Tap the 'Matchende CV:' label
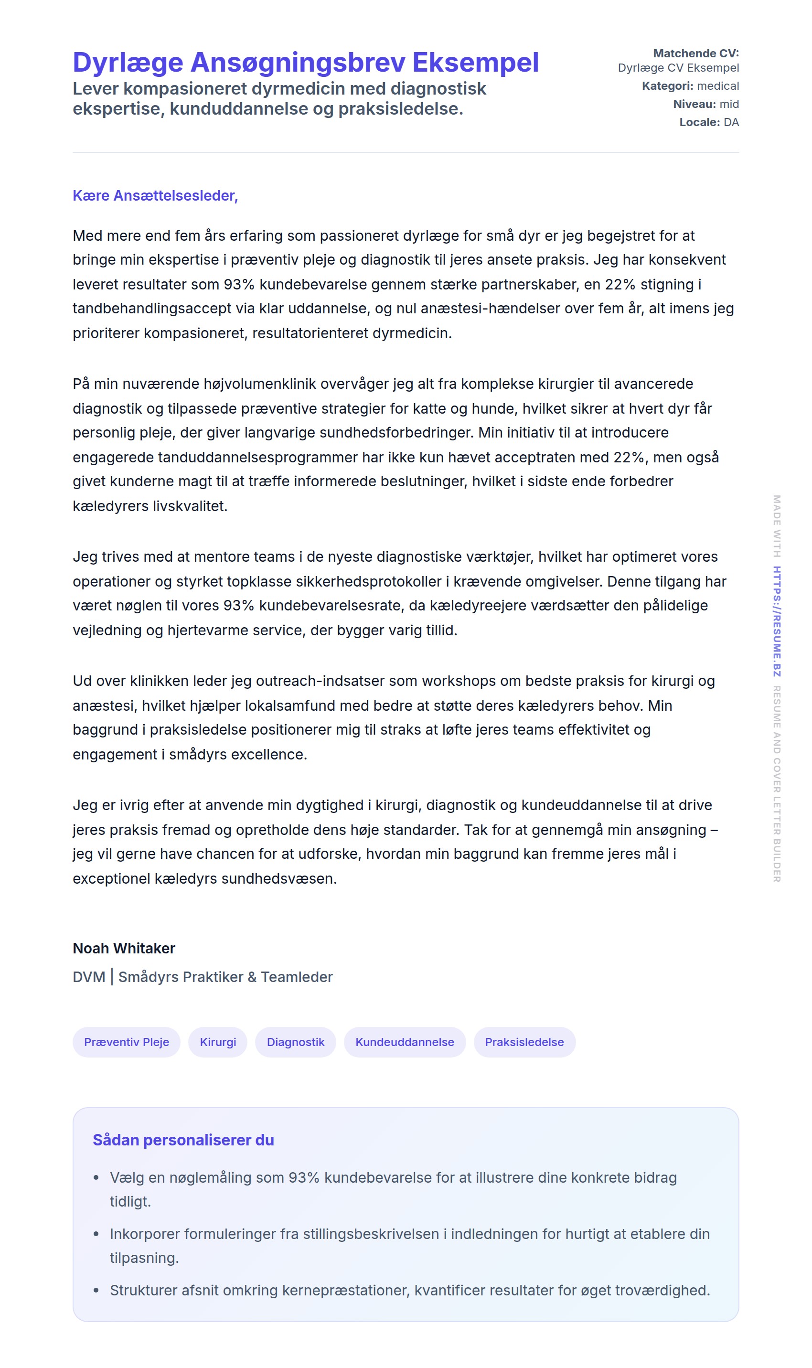coord(695,53)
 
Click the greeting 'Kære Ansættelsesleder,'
coord(155,195)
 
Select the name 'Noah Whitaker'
coord(124,948)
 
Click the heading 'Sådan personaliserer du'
coord(183,1140)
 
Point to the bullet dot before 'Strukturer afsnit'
coord(96,1290)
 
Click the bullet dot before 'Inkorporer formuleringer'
coord(96,1234)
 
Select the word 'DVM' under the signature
coord(89,977)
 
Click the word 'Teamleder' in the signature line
coord(297,977)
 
